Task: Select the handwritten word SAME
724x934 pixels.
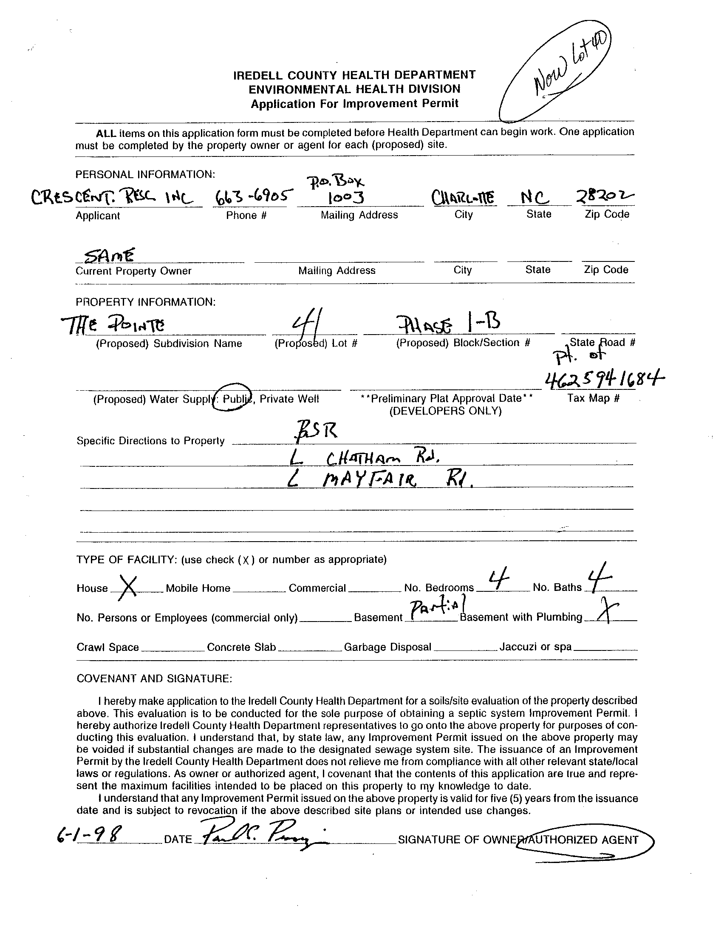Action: point(110,255)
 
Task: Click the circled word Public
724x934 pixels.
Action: point(233,398)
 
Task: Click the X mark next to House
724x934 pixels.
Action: point(127,588)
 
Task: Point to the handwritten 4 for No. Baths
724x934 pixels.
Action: point(600,578)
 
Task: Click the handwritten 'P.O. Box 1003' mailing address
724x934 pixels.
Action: point(347,190)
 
